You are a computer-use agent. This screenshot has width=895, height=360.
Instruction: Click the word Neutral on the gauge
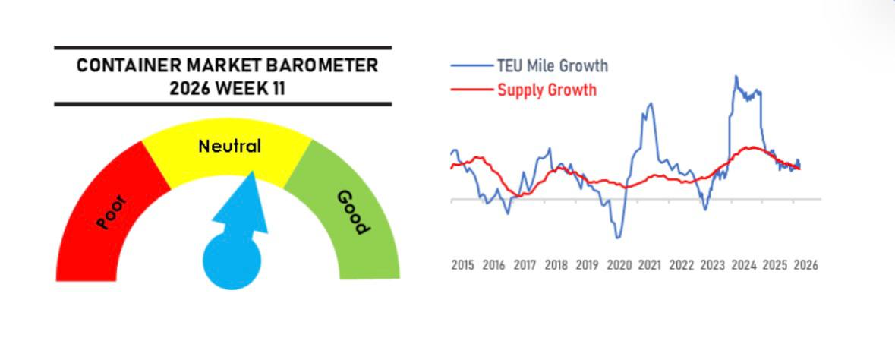click(x=229, y=146)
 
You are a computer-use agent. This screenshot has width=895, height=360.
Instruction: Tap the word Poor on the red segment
click(x=112, y=212)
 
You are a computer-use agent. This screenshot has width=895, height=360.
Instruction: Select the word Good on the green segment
click(x=353, y=212)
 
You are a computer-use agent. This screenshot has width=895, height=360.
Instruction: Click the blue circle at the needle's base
click(x=232, y=261)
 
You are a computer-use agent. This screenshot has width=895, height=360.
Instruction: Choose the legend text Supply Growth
click(x=547, y=90)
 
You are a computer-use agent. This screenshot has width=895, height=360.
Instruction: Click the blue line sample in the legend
click(x=472, y=66)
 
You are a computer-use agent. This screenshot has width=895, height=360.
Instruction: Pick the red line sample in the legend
click(x=472, y=90)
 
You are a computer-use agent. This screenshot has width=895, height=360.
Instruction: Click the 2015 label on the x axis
click(x=462, y=265)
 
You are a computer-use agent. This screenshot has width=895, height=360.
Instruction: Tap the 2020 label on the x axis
click(x=619, y=265)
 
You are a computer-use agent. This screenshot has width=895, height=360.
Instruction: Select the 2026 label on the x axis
click(x=805, y=265)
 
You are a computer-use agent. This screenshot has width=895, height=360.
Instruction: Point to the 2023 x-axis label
click(x=712, y=265)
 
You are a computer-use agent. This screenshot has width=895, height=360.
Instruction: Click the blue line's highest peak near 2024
click(x=736, y=76)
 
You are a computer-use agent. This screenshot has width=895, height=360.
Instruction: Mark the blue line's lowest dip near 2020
click(x=618, y=238)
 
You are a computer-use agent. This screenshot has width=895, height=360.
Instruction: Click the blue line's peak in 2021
click(x=649, y=103)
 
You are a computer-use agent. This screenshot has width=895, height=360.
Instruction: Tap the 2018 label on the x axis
click(x=556, y=265)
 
